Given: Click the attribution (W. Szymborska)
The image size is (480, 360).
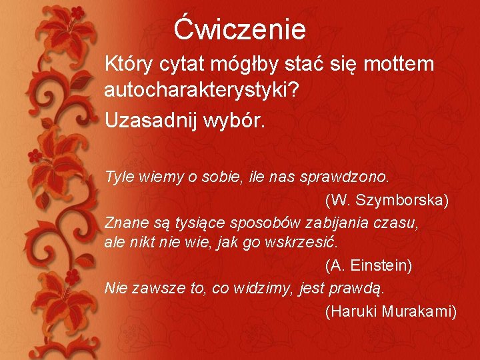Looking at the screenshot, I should [x=387, y=200].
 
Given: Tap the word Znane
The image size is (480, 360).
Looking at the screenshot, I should [x=124, y=222].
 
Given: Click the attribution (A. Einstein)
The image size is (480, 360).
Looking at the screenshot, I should [x=369, y=266].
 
